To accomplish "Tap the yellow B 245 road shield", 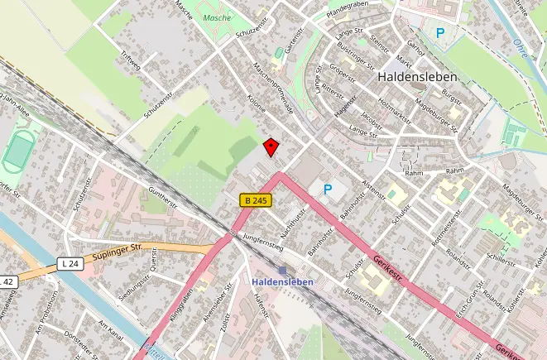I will tap(256, 200).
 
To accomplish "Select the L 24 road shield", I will tap(72, 264).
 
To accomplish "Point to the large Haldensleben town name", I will tap(417, 75).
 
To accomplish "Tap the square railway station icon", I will tap(283, 271).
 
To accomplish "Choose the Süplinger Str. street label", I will tap(120, 250).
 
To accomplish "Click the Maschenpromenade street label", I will tap(274, 88).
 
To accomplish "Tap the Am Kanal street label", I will tap(111, 332).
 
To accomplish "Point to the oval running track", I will tap(17, 151).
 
